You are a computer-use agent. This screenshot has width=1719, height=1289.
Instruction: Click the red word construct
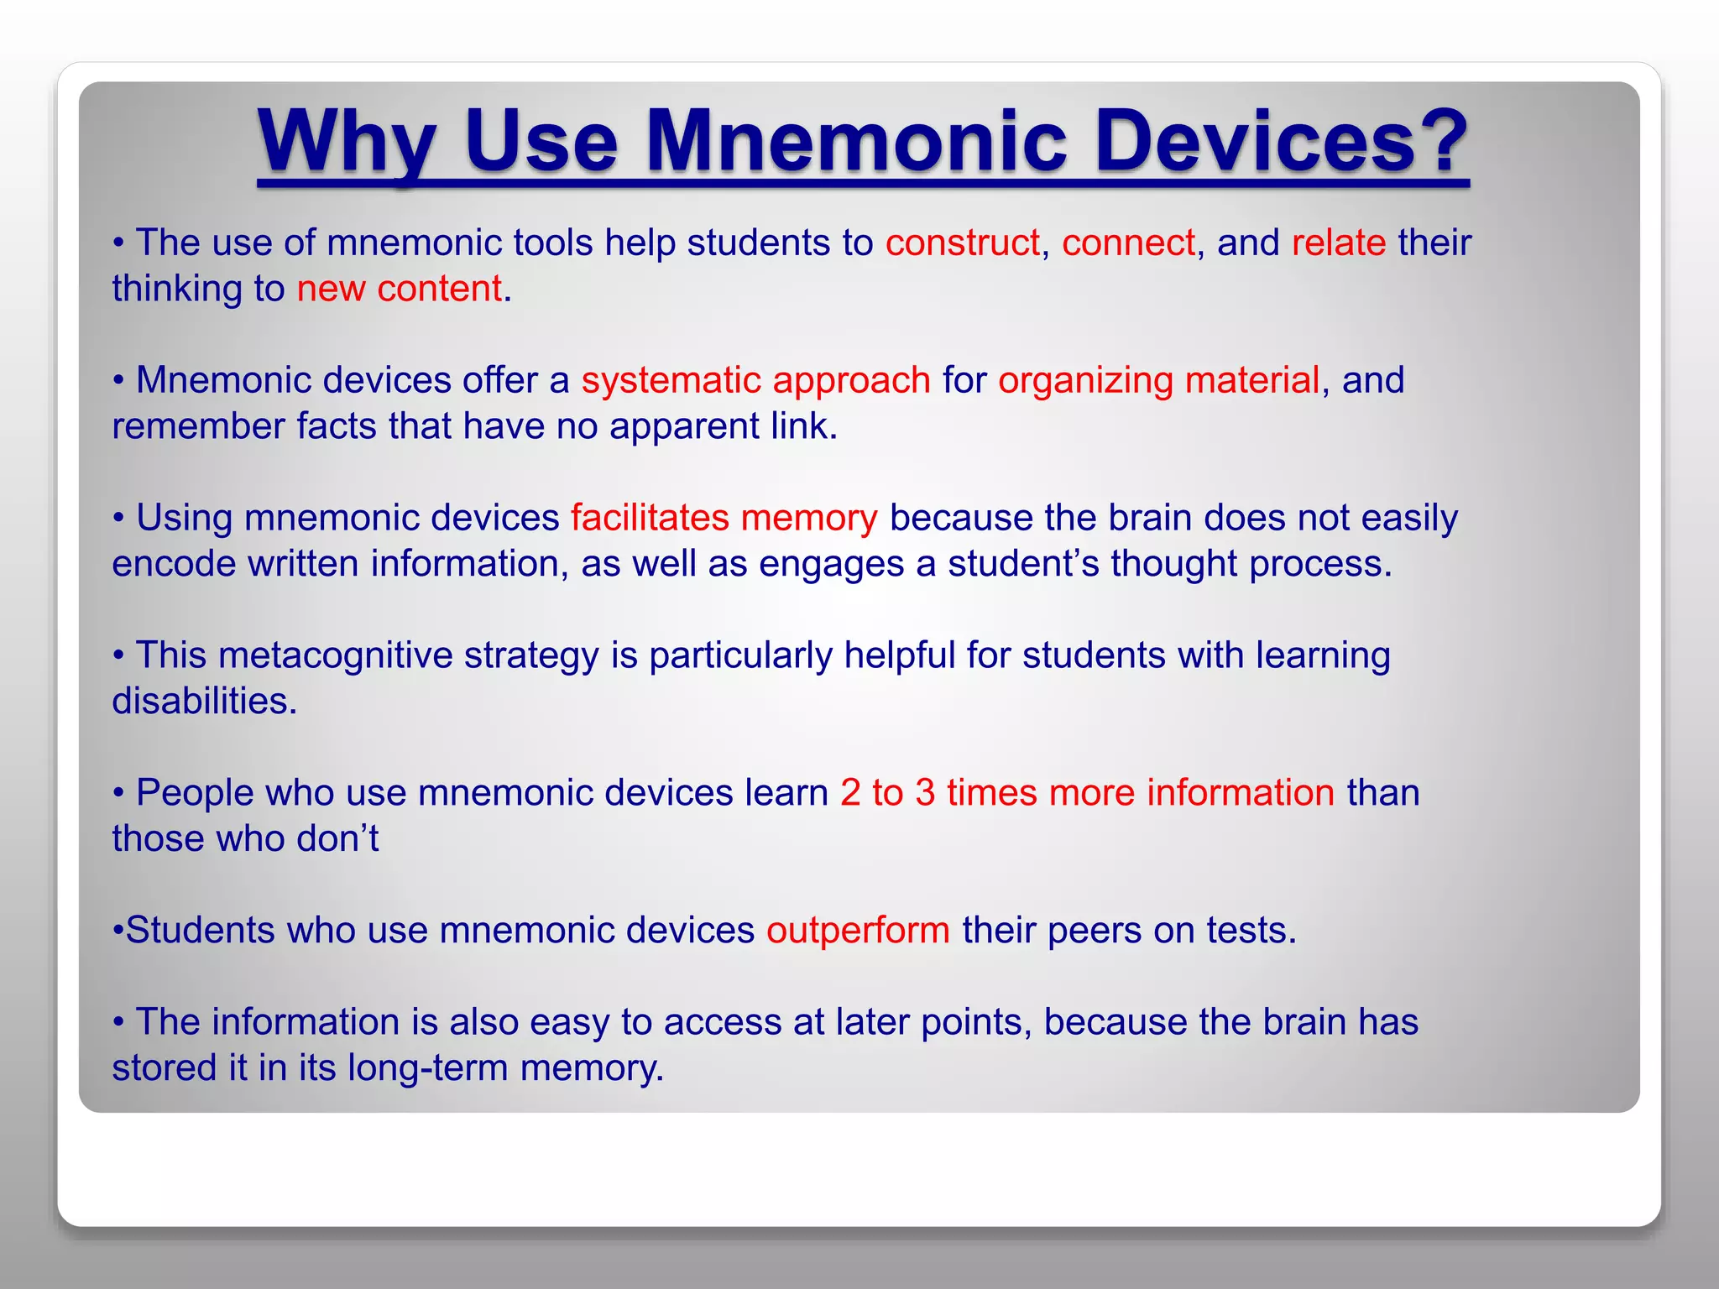[x=962, y=243]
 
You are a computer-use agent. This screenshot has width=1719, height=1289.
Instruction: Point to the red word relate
[x=1339, y=243]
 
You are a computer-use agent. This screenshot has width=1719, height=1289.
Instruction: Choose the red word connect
[x=1128, y=243]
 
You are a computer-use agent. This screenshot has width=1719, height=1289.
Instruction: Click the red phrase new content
[x=399, y=290]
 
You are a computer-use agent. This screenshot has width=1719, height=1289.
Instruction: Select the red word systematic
[x=671, y=381]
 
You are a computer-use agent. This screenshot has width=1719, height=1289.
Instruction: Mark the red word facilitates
[x=650, y=518]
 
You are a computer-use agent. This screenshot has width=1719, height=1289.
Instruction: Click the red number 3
[x=925, y=793]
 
